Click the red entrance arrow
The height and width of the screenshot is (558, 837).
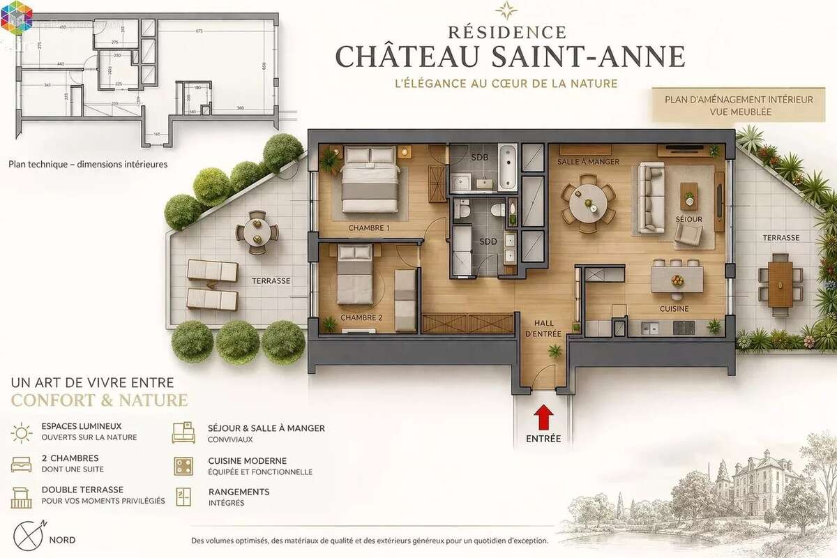(x=544, y=418)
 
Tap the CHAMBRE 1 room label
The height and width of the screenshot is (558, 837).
(x=369, y=228)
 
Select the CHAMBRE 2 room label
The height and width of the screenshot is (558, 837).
(x=361, y=318)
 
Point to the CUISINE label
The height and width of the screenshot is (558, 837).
(x=674, y=308)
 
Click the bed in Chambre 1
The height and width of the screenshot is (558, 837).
(x=370, y=179)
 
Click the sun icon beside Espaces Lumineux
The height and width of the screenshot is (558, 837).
(x=22, y=432)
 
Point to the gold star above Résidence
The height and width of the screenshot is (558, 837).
(x=506, y=10)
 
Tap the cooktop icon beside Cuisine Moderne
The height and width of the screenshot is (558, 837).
(x=183, y=466)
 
